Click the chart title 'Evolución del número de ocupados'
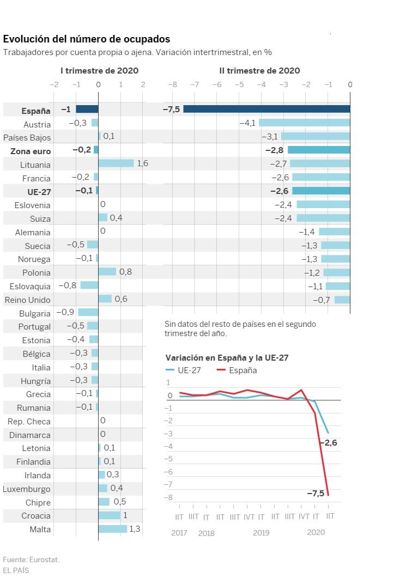click(87, 39)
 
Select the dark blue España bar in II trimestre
click(266, 109)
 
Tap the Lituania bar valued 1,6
click(116, 163)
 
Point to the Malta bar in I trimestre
click(112, 528)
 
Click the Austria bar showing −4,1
click(304, 123)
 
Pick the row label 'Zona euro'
click(31, 151)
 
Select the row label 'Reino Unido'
click(27, 300)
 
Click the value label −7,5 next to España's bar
click(171, 109)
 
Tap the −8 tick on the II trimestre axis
click(173, 84)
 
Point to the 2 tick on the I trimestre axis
click(143, 84)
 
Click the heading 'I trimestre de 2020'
click(99, 71)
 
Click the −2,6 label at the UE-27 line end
click(328, 442)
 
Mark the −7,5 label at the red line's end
click(316, 493)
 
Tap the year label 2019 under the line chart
click(261, 533)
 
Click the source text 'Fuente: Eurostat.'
click(31, 559)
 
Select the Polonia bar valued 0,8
click(107, 272)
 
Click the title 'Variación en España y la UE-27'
click(227, 358)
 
